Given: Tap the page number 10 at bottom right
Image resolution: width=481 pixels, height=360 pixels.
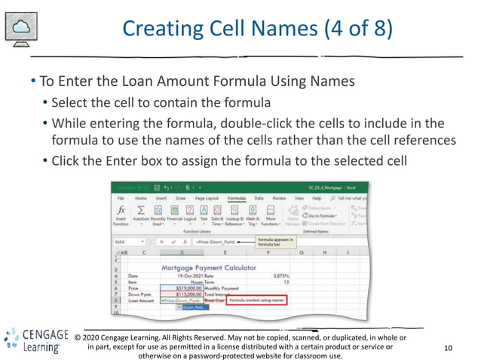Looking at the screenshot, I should (x=449, y=348).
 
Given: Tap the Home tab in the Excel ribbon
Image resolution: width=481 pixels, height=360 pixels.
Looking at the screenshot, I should (x=140, y=198).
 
